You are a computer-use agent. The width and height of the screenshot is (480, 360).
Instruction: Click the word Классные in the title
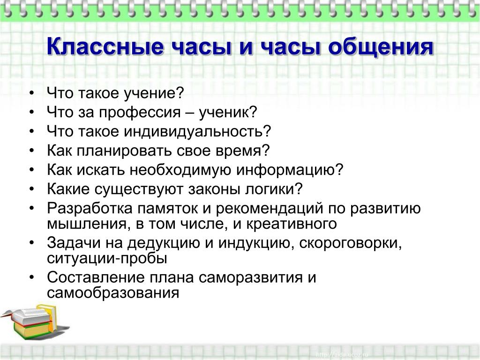tap(105, 46)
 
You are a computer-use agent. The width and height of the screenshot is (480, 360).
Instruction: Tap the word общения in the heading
tap(381, 47)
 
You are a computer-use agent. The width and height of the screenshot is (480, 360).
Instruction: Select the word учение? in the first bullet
tap(154, 93)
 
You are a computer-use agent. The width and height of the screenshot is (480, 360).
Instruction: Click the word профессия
tap(140, 112)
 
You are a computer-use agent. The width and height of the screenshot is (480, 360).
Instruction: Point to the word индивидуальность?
tap(197, 132)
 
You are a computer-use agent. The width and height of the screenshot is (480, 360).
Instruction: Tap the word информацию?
tap(290, 170)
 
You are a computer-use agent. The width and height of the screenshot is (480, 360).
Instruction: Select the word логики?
tap(274, 189)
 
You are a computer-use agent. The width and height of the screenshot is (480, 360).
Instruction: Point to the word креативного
tap(292, 224)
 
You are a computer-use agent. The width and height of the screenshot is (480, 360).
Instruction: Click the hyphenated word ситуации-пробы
tap(107, 259)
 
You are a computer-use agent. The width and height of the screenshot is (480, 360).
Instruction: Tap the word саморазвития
tap(250, 278)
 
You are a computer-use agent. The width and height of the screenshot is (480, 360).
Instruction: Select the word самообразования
tap(113, 293)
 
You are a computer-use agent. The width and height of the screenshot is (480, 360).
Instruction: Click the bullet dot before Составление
tap(32, 277)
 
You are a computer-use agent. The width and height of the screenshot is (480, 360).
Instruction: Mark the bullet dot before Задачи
tap(32, 242)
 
